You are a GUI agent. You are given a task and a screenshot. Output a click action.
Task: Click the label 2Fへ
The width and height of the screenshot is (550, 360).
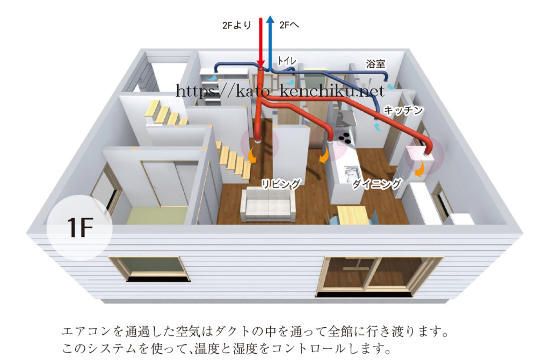coord(290,25)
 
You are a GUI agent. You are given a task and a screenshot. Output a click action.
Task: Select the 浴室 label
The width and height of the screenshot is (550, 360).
coord(375,63)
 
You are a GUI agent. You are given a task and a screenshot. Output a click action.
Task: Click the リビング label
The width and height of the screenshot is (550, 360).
coord(281,184)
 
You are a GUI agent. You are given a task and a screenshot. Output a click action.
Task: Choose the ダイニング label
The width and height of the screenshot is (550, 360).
coord(377,184)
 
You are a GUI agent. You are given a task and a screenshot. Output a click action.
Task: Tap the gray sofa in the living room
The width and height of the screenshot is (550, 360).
coord(268,205)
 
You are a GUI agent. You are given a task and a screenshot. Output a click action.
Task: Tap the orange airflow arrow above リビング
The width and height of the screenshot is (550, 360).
coord(251,155)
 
